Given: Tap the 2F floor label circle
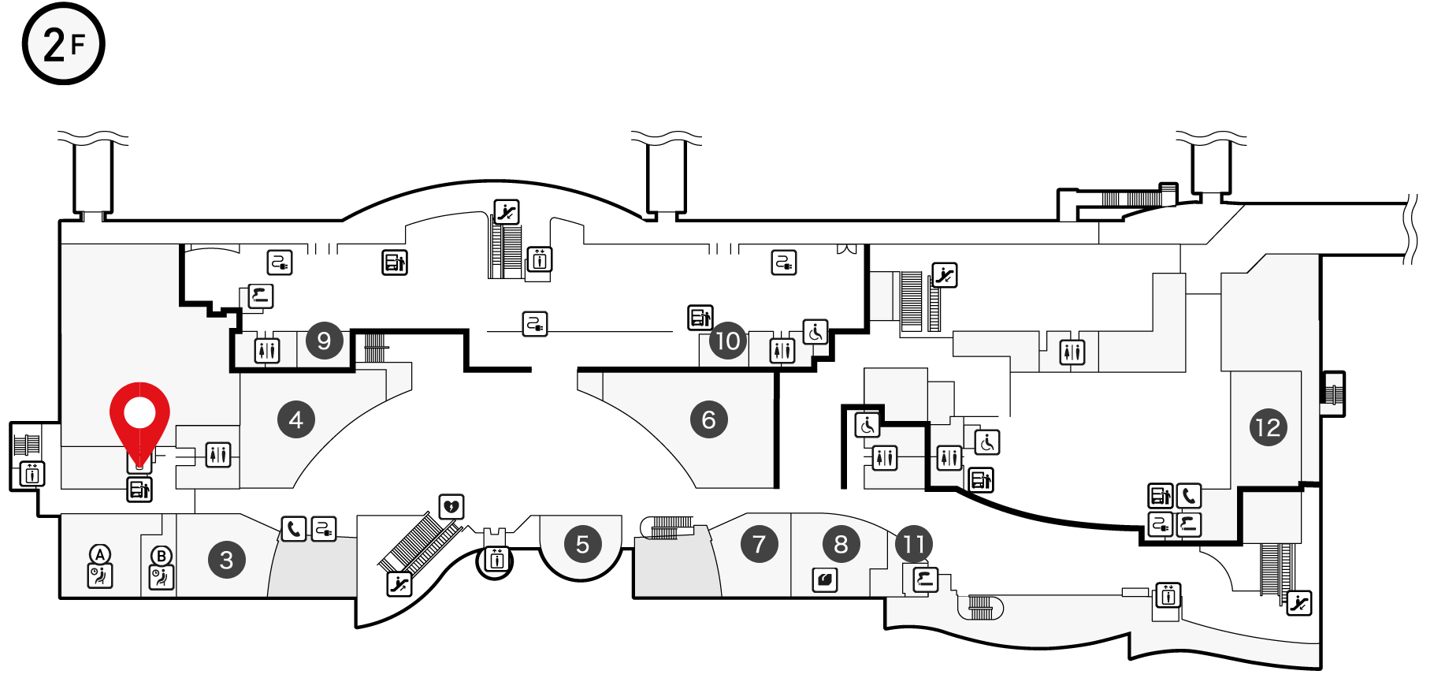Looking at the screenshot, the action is pos(64,43).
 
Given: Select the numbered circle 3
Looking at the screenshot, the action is pos(227,560).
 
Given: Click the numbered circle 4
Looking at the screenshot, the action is pos(296,419).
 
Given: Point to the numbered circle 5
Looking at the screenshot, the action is pos(583,544).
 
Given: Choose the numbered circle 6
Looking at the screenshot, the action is pos(709,419).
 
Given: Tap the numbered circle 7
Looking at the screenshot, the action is pos(760,544).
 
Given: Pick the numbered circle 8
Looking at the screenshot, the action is pos(841,544).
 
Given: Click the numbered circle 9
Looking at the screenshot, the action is pos(325,341).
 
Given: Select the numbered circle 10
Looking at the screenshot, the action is pos(728,341).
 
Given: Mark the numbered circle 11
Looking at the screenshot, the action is pos(914,544).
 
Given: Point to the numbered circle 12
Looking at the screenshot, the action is pos(1269,427).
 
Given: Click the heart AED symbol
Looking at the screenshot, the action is pos(451,507).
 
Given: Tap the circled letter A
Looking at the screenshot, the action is pos(100,554).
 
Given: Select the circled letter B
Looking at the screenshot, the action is pos(162,556).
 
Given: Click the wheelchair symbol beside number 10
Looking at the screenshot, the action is pos(815,332).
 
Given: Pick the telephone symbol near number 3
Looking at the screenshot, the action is pos(294,528).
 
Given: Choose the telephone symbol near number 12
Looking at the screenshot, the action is pos(1189,496).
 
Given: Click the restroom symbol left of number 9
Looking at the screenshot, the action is pos(267,350).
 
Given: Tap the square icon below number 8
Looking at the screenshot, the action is pos(825,579).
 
